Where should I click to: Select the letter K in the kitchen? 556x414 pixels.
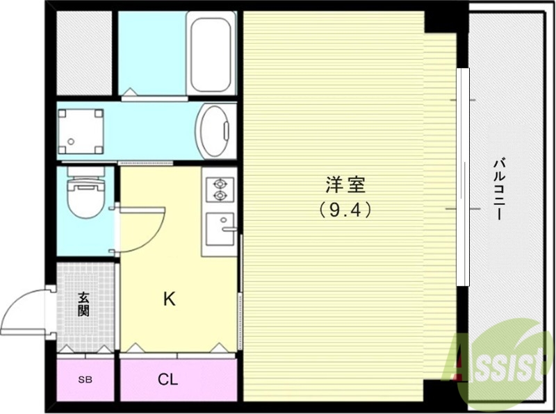pyautogui.click(x=169, y=299)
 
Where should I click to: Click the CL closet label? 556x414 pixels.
pyautogui.click(x=167, y=380)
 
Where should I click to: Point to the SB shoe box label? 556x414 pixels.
pyautogui.click(x=84, y=380)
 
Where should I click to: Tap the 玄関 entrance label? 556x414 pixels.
pyautogui.click(x=84, y=304)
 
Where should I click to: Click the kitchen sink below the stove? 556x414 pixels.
pyautogui.click(x=220, y=227)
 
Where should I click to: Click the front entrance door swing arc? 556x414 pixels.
pyautogui.click(x=24, y=311)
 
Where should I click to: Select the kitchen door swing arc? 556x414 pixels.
pyautogui.click(x=142, y=229)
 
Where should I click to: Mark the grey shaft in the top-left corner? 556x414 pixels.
pyautogui.click(x=83, y=52)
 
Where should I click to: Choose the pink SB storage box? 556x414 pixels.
pyautogui.click(x=84, y=380)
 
